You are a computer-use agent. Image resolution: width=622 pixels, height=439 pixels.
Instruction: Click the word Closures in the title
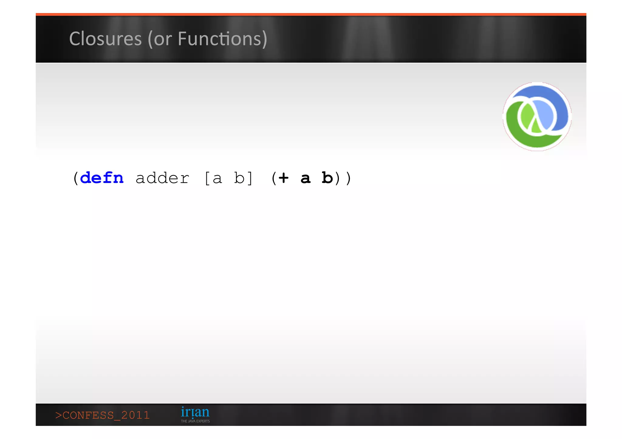click(x=105, y=39)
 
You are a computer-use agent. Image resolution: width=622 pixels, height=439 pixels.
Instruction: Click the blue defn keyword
click(x=102, y=178)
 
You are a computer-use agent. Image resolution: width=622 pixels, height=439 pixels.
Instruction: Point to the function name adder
click(x=162, y=178)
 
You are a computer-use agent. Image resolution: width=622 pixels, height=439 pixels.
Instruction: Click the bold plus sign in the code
click(x=283, y=178)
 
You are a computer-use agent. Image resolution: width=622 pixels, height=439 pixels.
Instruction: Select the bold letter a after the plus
click(x=306, y=178)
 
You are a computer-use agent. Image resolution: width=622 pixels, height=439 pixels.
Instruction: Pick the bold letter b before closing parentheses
click(x=327, y=178)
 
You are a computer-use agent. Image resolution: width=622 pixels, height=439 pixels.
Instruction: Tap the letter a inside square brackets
click(x=217, y=178)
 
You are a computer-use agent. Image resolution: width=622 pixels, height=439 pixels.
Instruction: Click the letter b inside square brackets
click(x=239, y=178)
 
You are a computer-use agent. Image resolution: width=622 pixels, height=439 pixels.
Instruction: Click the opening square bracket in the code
click(x=207, y=178)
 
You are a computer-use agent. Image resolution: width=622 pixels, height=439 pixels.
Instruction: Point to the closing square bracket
click(x=250, y=178)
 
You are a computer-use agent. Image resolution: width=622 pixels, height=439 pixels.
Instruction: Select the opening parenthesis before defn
click(x=76, y=178)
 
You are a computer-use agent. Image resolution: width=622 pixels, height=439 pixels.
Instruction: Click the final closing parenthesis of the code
click(x=348, y=178)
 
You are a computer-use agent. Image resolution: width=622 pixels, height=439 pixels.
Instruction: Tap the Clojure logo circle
click(x=537, y=117)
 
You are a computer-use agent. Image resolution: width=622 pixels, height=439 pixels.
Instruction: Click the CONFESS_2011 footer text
click(x=103, y=415)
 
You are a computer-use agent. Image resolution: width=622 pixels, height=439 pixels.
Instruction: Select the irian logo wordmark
click(x=195, y=412)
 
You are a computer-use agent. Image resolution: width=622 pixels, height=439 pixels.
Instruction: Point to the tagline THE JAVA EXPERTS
click(x=195, y=421)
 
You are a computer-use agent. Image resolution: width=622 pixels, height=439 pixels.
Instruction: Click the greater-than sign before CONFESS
click(x=58, y=415)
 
